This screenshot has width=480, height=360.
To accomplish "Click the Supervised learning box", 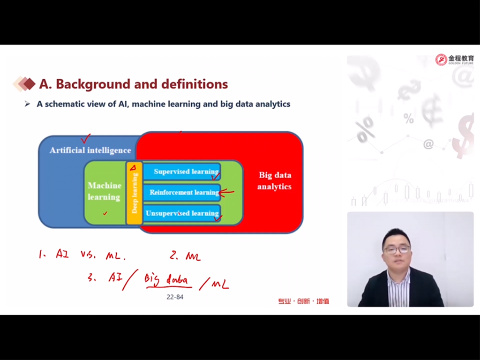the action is tap(182, 172).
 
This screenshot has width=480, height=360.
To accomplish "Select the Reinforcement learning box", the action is tap(182, 192).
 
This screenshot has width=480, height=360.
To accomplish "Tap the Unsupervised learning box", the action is tap(182, 213).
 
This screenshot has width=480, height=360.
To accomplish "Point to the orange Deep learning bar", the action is tap(134, 193).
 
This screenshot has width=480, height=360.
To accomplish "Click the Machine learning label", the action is tap(105, 191).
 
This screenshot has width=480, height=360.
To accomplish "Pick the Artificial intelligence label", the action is tap(90, 150).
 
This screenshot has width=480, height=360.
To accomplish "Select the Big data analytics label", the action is tap(274, 180).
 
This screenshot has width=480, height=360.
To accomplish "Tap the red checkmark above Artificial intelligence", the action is tap(85, 139).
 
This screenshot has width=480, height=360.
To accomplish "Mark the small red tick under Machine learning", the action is tap(105, 213).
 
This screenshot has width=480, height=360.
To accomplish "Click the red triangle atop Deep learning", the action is tap(133, 167).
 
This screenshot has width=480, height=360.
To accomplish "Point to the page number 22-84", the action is tap(175, 297).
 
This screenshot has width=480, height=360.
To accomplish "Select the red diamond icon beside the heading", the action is tap(29, 84).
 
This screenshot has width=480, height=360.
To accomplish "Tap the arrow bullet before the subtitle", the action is tap(27, 104).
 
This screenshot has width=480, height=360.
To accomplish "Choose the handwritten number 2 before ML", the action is tap(174, 255).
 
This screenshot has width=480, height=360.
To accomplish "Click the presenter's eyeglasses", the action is tap(397, 249).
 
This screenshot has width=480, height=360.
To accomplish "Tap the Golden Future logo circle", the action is tap(442, 60).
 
